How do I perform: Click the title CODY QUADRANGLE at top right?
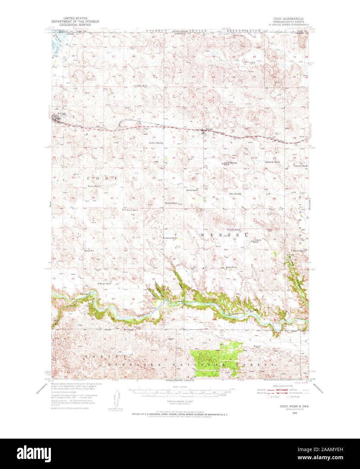[289, 19]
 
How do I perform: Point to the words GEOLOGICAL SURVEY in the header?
[73, 25]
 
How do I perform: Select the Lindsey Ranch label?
[141, 86]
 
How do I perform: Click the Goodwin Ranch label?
[155, 143]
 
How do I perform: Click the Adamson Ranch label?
[301, 166]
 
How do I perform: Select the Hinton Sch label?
[89, 251]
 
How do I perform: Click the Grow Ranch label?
[235, 194]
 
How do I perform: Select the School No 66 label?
[232, 267]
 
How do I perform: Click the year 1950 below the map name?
[295, 413]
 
